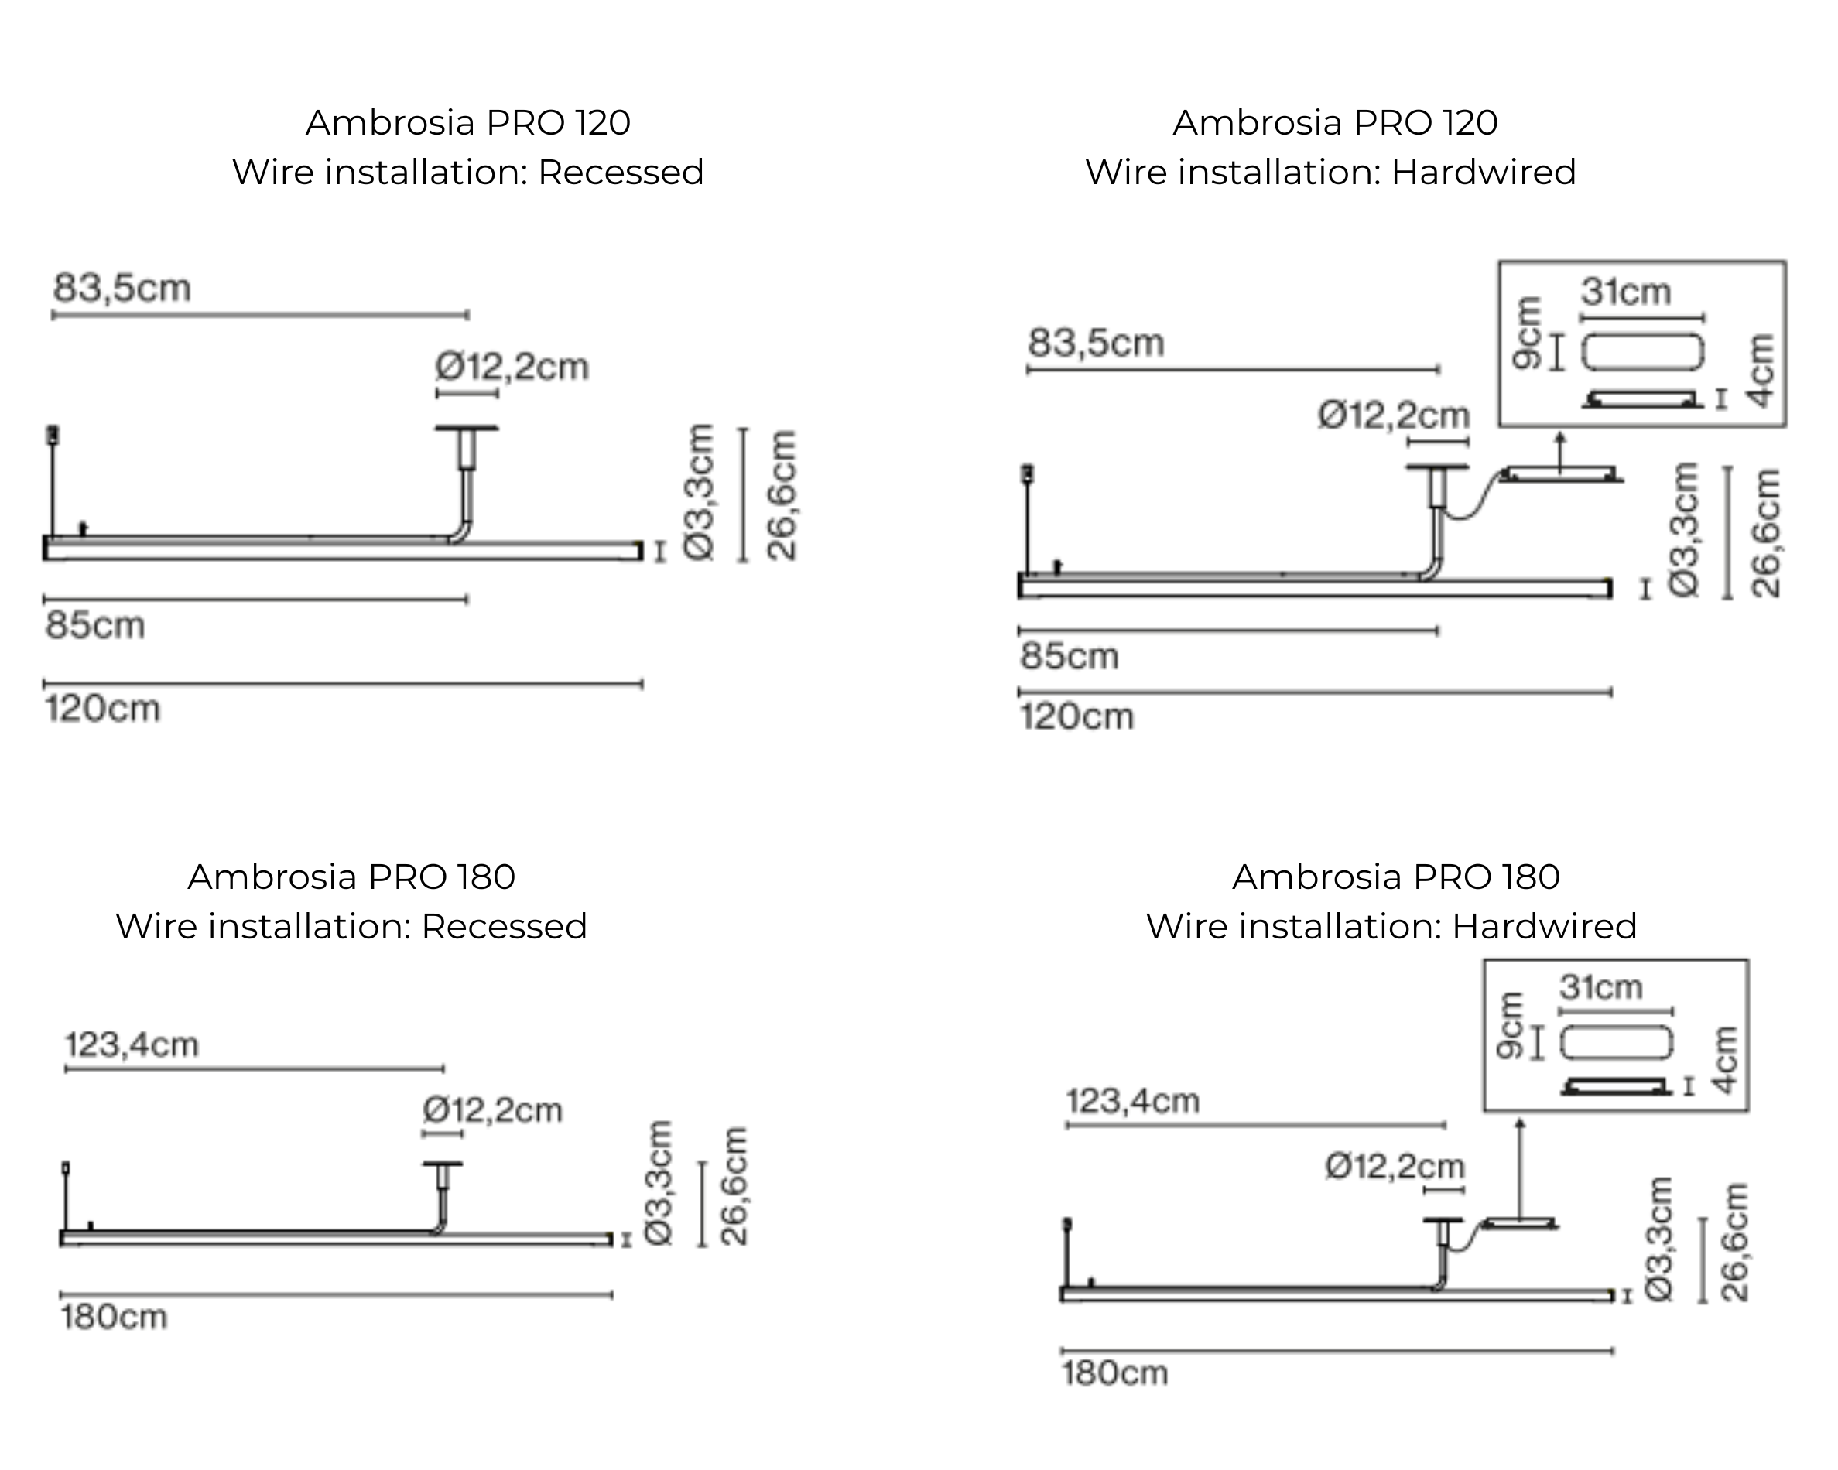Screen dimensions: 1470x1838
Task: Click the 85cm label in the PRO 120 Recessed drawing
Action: pyautogui.click(x=94, y=625)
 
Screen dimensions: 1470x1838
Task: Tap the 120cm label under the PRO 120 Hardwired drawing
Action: pyautogui.click(x=1076, y=716)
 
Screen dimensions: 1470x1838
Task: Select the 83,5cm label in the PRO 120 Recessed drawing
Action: pyautogui.click(x=122, y=288)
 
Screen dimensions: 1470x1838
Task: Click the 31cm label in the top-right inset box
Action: pyautogui.click(x=1626, y=292)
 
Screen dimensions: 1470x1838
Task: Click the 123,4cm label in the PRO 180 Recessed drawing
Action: pyautogui.click(x=132, y=1044)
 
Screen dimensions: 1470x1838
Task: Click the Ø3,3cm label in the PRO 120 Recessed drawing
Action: pyautogui.click(x=699, y=493)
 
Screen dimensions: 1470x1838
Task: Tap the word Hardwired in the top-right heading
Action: pyautogui.click(x=1484, y=172)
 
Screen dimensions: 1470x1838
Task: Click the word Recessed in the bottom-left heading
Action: pyautogui.click(x=504, y=926)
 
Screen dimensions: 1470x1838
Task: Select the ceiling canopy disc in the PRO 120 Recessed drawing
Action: pyautogui.click(x=467, y=428)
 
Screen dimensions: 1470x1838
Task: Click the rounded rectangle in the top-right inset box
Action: pyautogui.click(x=1643, y=352)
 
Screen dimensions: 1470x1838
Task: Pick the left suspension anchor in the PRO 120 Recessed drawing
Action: pyautogui.click(x=53, y=436)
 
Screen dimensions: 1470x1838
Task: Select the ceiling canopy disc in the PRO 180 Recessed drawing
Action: pyautogui.click(x=443, y=1164)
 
